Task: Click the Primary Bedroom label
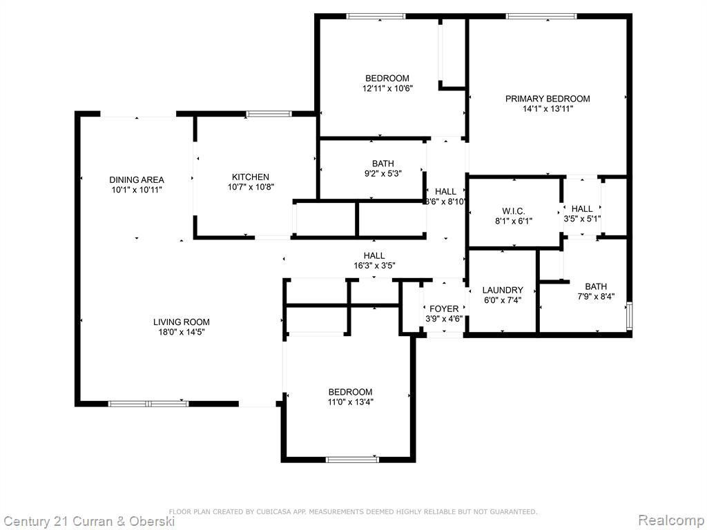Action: point(548,99)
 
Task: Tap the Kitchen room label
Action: point(250,177)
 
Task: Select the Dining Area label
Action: point(137,180)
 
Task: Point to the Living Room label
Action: point(182,322)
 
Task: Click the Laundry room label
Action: point(503,291)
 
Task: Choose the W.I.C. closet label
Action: point(514,211)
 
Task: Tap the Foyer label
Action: point(444,308)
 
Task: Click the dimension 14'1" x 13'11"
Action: point(548,108)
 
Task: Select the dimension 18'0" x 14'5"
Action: point(182,332)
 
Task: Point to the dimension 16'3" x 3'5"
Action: point(374,266)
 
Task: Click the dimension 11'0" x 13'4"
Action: point(350,402)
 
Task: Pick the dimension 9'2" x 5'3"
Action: point(382,173)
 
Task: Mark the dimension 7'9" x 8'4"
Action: point(596,297)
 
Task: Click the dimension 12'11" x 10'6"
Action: point(387,88)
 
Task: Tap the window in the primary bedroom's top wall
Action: point(541,17)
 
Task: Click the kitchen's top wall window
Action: point(269,114)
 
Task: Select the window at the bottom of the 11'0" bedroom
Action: point(353,460)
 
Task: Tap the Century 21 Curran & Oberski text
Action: point(89,522)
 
